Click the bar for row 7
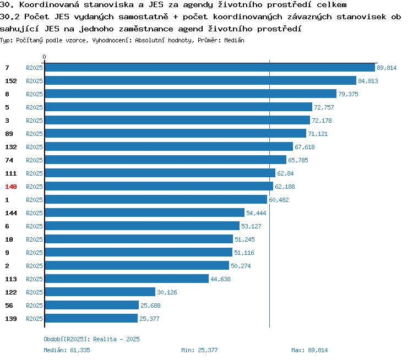pos(210,67)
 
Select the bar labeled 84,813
pos(200,80)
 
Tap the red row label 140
pos(11,187)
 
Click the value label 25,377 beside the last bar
pos(149,319)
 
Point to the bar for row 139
pos(91,318)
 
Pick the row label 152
pos(11,81)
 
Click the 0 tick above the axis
pos(44,57)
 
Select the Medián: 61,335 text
pos(67,350)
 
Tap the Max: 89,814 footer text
pos(309,350)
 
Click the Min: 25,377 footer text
pos(199,350)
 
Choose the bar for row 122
pos(100,292)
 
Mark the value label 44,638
pos(220,279)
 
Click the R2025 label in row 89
pos(34,134)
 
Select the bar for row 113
pos(127,279)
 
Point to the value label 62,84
pos(285,173)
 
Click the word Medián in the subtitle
pos(234,40)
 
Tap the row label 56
pos(9,306)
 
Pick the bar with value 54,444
pos(145,212)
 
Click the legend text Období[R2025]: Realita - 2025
pos(91,339)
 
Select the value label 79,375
pos(348,94)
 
